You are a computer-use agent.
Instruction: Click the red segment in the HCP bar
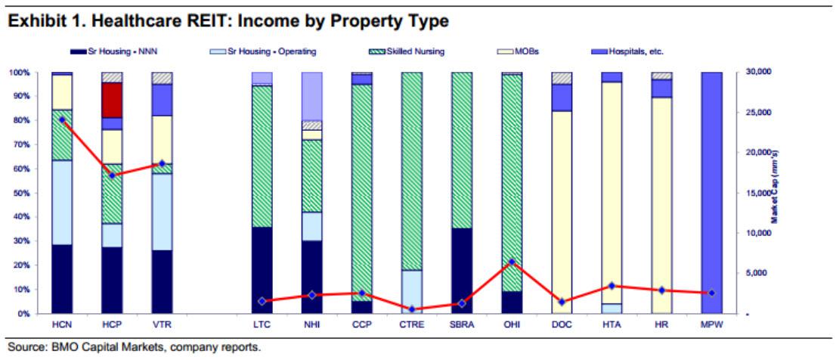click(112, 100)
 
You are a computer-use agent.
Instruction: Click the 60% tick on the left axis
click(20, 169)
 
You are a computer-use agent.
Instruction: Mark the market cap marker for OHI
click(511, 262)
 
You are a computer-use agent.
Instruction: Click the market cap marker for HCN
click(62, 119)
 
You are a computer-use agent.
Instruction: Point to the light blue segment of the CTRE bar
click(411, 290)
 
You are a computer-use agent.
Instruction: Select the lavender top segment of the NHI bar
click(311, 96)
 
